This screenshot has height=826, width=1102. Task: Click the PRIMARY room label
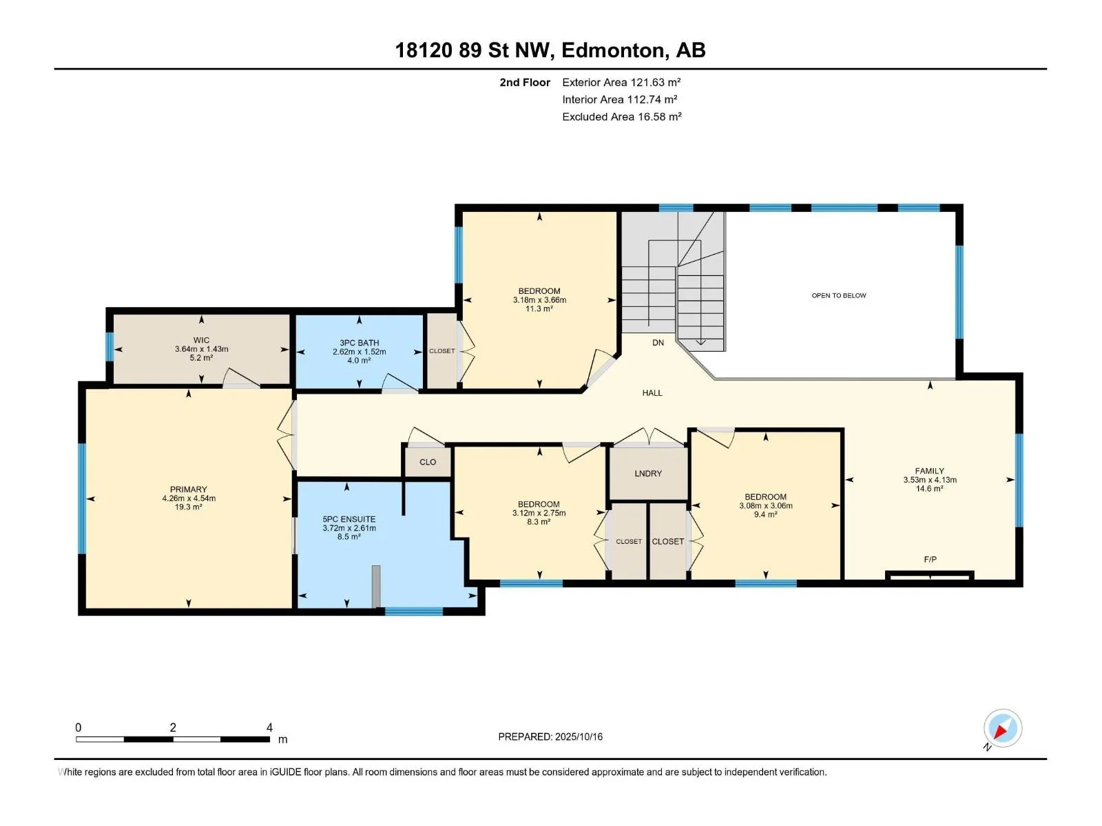coord(188,489)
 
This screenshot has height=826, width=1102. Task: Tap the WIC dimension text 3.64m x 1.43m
coord(201,349)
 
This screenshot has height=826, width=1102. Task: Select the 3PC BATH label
coord(359,343)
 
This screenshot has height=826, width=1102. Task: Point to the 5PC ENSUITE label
coord(349,519)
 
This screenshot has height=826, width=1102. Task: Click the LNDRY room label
coord(648,474)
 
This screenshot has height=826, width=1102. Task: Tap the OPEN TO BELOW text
coord(839,295)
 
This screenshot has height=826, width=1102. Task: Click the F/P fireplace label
coord(931,559)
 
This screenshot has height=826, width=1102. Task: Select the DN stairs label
coord(658,343)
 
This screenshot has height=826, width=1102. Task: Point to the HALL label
coord(652,392)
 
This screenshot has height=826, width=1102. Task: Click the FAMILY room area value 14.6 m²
coord(930,489)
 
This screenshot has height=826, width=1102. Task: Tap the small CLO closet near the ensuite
coord(428,462)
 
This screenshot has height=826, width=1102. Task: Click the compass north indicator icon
coord(1002,729)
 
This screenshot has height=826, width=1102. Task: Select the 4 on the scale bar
coord(269,727)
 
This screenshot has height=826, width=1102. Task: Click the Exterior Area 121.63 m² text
coord(621,82)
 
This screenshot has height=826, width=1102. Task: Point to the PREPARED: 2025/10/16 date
coord(550,737)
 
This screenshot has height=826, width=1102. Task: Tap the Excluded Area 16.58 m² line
coord(622,116)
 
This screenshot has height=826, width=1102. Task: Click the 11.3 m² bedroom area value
coord(539,309)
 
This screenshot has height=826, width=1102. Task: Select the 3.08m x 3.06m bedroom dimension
coord(766,505)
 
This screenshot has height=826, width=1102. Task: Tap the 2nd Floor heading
coord(525,82)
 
